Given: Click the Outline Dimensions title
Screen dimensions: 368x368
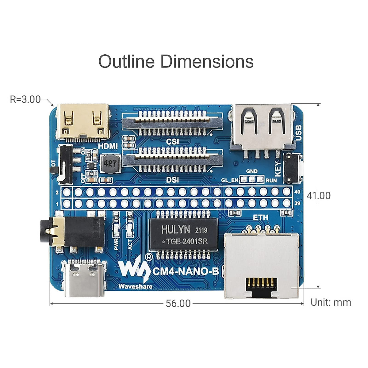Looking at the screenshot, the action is pos(176,61).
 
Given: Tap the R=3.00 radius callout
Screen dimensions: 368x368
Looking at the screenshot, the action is pos(25,99).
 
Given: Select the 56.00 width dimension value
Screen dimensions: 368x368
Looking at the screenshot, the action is pos(178,303).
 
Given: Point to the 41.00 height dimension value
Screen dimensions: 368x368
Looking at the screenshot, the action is pos(319,196).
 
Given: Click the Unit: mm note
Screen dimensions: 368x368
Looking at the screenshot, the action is pos(331,302).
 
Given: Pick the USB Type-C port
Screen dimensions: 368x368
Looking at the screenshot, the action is pos(84,278).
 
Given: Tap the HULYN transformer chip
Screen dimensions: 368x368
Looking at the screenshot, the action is pos(183,235).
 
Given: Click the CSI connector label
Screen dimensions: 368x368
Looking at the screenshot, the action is pos(172,142).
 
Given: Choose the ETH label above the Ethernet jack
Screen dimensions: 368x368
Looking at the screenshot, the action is pos(260,217).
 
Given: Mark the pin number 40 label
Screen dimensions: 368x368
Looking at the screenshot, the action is pos(297,192).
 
